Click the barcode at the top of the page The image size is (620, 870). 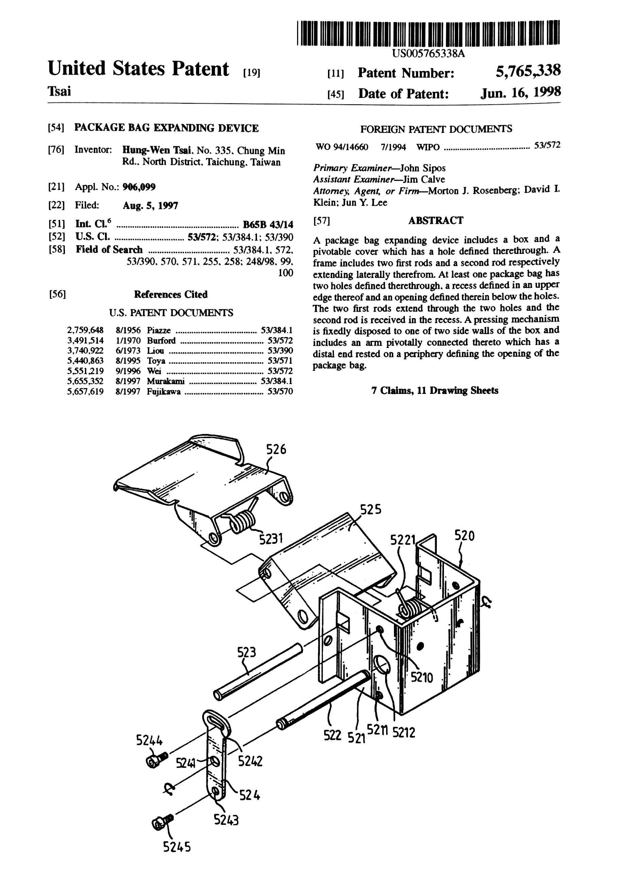tap(428, 33)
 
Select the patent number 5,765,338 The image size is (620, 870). tap(528, 71)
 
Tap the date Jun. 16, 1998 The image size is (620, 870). tap(520, 93)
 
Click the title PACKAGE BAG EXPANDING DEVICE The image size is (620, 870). tap(166, 128)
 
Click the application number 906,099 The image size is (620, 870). tap(139, 187)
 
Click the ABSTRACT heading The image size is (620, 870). tap(436, 221)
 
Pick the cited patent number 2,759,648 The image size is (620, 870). tap(85, 330)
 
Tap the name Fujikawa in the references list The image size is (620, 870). tap(163, 391)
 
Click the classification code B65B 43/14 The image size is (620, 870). tap(268, 224)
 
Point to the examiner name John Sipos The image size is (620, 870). tap(422, 168)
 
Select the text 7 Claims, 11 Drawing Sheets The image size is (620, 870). tap(435, 390)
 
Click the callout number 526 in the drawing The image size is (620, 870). tap(276, 450)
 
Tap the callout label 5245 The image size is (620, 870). tap(177, 847)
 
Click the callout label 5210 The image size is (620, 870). tap(421, 678)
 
